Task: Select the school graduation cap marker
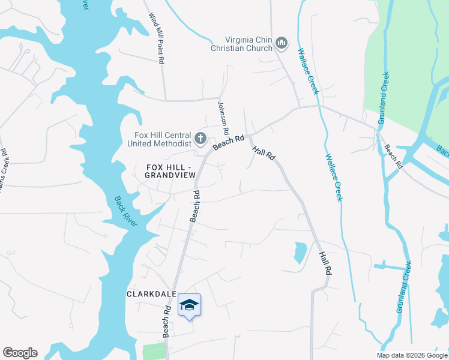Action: click(x=189, y=305)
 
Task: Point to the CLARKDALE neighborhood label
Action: click(x=151, y=294)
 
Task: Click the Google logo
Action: click(x=20, y=353)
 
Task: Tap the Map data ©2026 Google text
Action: click(x=412, y=355)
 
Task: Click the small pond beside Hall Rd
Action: click(x=300, y=253)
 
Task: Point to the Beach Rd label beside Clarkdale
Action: click(x=167, y=321)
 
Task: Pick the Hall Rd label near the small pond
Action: click(x=325, y=263)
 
